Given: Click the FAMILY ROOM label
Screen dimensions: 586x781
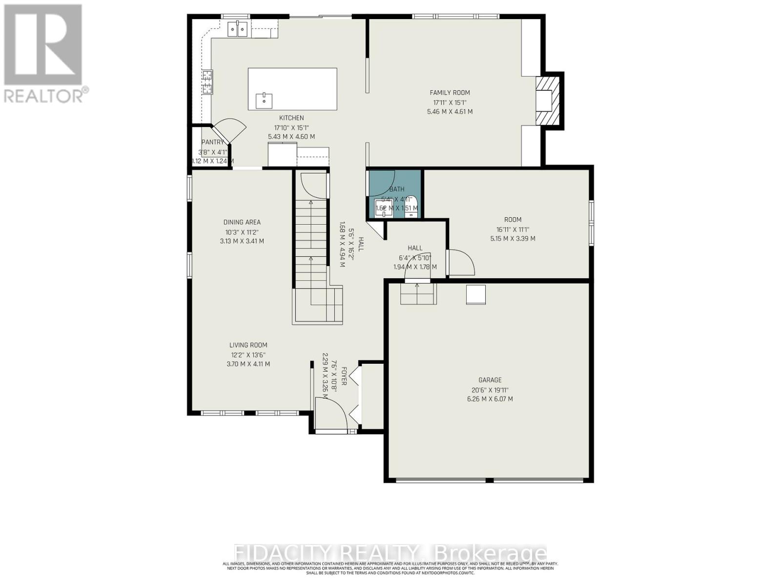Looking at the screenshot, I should click(450, 93).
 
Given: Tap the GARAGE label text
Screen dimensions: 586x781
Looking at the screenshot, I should click(490, 380).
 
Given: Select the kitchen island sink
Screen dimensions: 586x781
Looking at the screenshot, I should click(264, 101).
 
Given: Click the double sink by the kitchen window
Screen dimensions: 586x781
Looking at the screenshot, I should click(238, 29).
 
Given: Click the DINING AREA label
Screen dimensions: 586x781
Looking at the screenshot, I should click(242, 223).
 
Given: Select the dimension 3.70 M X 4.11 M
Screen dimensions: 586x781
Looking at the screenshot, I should click(248, 364).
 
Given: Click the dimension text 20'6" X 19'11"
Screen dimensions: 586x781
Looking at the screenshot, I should click(490, 390).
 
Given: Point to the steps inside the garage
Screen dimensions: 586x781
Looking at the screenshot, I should click(418, 294).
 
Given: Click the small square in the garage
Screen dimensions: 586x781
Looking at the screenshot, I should click(475, 295).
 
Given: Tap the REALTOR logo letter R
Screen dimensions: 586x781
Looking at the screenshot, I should click(42, 45).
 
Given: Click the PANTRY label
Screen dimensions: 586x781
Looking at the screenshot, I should click(212, 142).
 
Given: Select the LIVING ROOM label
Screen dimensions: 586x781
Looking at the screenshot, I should click(248, 345).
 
